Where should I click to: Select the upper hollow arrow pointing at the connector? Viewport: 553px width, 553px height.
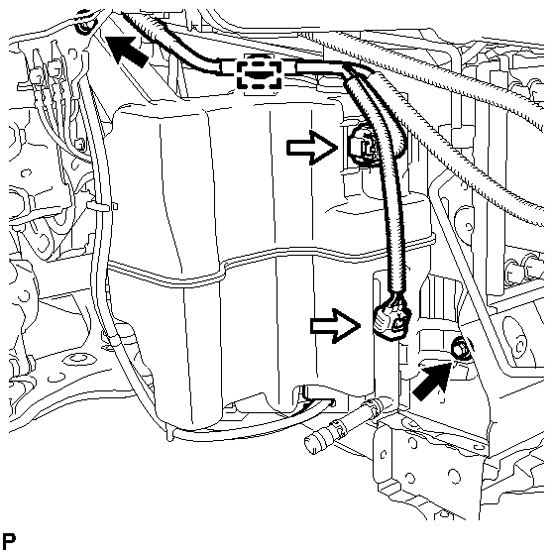(x=309, y=147)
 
